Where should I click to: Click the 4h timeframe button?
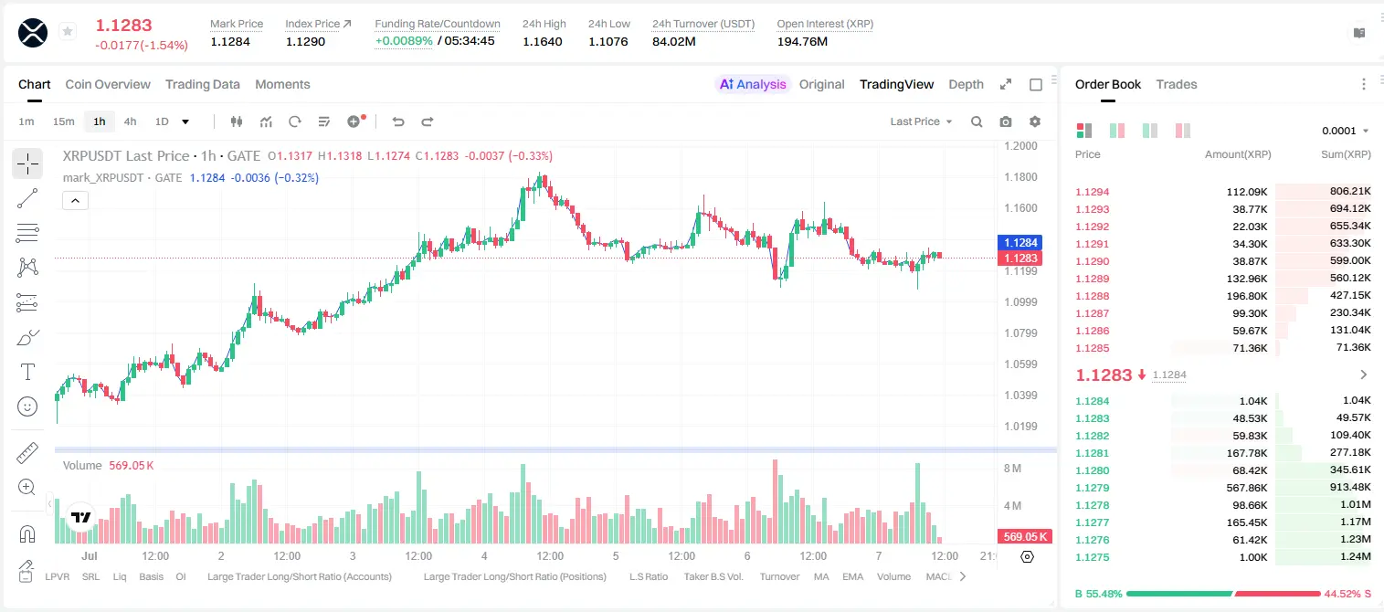130,121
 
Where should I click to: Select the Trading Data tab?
203,84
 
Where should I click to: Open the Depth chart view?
966,84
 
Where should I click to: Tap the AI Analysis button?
753,84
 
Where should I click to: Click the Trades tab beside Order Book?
1177,84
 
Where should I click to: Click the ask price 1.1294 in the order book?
1093,192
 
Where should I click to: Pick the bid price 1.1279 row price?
1093,488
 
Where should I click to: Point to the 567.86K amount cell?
1247,488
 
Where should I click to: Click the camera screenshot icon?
1006,121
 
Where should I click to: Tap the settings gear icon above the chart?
1035,121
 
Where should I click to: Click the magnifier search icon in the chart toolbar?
977,121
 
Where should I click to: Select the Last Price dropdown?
921,121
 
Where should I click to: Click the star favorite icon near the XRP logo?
68,31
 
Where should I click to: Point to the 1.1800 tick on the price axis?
1020,177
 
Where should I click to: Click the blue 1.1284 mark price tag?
1020,243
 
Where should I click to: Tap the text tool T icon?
27,372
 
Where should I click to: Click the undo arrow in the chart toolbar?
398,121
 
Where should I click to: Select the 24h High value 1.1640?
543,41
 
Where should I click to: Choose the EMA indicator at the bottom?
852,576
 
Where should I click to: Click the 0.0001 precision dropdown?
1345,131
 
